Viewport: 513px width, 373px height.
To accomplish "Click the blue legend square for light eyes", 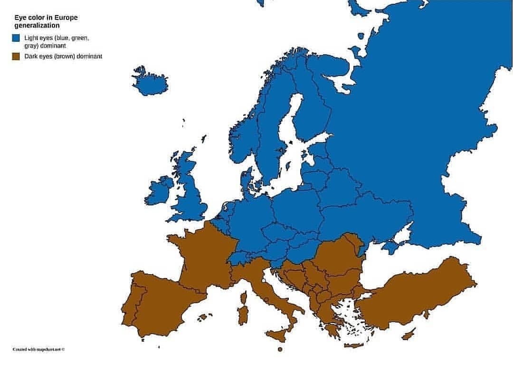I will (x=16, y=38).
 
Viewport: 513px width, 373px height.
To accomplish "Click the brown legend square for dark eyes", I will (x=16, y=57).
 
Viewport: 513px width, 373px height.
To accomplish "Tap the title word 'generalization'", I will (x=37, y=26).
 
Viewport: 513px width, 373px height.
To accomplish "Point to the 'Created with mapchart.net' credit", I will (x=38, y=349).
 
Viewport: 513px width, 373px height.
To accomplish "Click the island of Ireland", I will (x=159, y=190).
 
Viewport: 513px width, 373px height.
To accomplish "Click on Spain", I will (x=161, y=304).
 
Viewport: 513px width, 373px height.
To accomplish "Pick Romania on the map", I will (x=340, y=257).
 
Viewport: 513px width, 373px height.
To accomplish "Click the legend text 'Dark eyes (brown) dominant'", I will (x=63, y=57).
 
